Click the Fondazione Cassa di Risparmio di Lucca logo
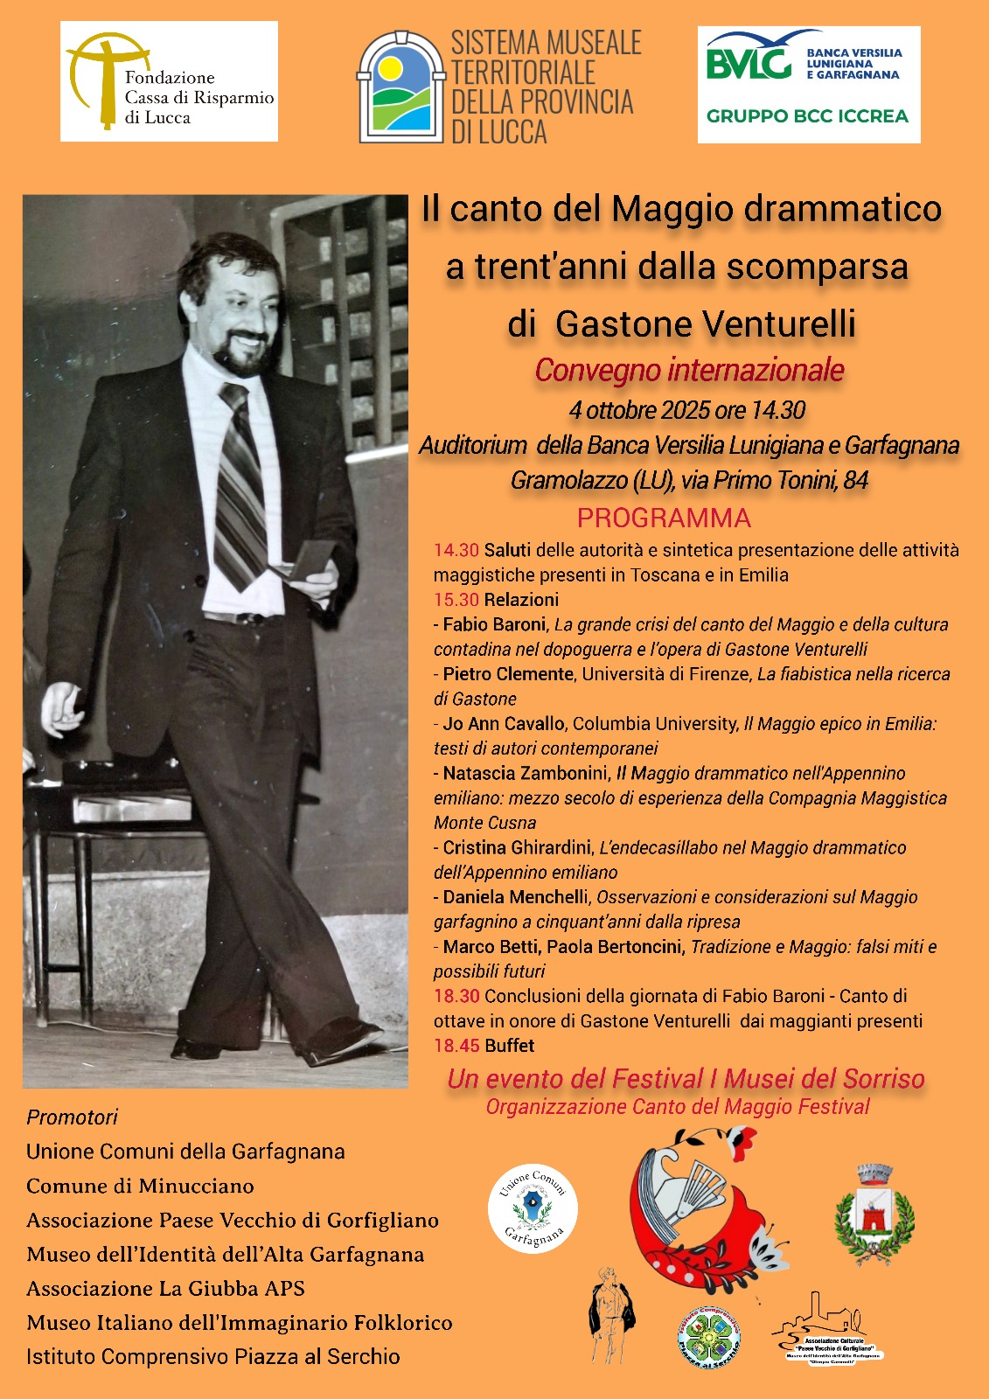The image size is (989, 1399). [x=169, y=81]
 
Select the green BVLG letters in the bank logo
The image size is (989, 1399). [x=749, y=63]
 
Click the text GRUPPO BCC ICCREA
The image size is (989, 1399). [x=807, y=116]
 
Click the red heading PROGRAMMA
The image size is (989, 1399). [x=664, y=518]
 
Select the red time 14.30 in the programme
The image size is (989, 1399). [x=456, y=550]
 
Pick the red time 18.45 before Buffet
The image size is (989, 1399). [x=456, y=1046]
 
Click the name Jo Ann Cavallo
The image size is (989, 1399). [x=503, y=723]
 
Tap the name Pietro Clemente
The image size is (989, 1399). [x=507, y=674]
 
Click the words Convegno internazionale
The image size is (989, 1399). [x=689, y=370]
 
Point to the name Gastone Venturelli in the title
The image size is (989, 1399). [x=705, y=324]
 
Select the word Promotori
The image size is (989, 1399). [x=72, y=1117]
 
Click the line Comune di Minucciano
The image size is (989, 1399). [x=140, y=1186]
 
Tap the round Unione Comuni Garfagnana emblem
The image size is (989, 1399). [x=533, y=1208]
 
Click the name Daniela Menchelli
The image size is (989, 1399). [x=515, y=897]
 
